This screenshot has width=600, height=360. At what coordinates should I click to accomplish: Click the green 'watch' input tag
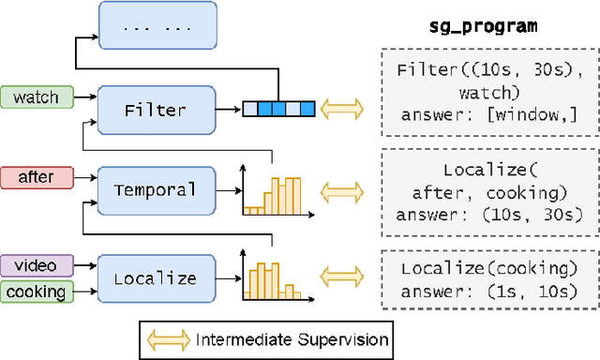click(36, 97)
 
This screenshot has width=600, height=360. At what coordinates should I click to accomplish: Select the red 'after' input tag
click(36, 176)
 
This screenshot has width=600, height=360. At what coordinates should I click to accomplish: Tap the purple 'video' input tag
click(36, 265)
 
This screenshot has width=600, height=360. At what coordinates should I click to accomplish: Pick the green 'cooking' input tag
click(36, 292)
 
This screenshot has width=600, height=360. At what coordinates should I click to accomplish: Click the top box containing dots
click(157, 26)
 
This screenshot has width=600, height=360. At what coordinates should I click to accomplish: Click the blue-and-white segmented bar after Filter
click(278, 110)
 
